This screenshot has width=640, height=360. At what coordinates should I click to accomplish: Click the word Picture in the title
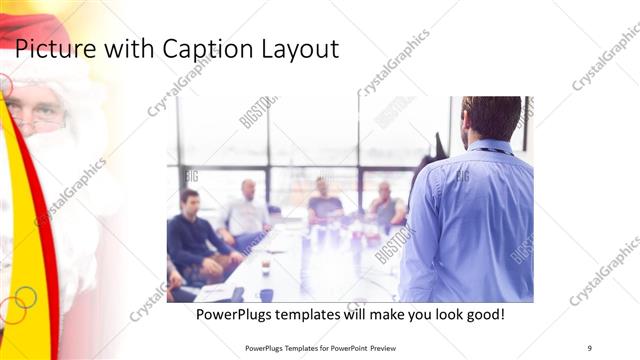[x=50, y=48]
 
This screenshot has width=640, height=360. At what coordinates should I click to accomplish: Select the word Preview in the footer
[x=382, y=348]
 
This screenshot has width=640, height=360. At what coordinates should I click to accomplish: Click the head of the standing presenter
[x=491, y=118]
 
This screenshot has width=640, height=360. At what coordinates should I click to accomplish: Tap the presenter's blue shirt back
[x=470, y=220]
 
